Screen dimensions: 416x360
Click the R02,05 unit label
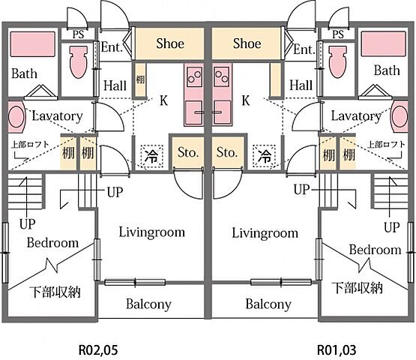pos(98,350)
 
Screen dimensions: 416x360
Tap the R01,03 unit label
pos(337,350)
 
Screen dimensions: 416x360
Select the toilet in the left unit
pos(79,61)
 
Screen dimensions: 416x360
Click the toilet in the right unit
pos(337,61)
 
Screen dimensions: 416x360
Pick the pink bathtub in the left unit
pos(33,44)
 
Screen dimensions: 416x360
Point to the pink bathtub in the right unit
pos(384,43)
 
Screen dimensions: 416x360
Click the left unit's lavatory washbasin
pos(16,116)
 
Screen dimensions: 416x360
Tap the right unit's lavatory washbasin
pos(400,116)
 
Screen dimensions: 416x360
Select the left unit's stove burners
pos(194,76)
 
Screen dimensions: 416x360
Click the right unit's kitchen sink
pos(223,112)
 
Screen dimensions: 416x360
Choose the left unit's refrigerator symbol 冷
pos(151,156)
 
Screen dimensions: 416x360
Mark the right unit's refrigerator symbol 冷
pos(265,156)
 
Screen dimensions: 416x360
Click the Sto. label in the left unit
pos(188,152)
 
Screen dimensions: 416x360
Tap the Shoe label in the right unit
pos(247,43)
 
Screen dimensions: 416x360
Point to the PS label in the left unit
pos(78,34)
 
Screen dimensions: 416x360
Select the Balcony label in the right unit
pos(268,304)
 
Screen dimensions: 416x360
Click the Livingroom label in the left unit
pos(151,232)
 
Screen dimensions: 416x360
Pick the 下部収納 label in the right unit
pos(357,287)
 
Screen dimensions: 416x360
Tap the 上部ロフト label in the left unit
pos(30,145)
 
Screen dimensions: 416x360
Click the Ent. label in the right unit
pos(304,49)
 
